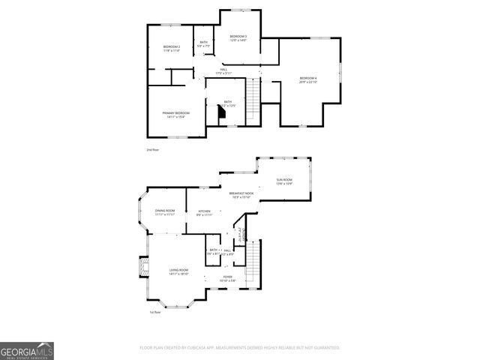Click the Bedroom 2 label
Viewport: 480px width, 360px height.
click(x=172, y=47)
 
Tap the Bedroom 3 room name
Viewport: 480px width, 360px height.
click(x=238, y=37)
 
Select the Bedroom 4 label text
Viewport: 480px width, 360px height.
click(x=308, y=79)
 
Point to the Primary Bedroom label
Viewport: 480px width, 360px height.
click(x=176, y=113)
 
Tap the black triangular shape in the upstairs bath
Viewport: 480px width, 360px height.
click(x=222, y=112)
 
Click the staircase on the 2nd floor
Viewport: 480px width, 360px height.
click(x=253, y=94)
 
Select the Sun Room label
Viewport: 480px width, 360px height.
click(x=283, y=180)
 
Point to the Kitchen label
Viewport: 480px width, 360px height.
click(x=205, y=211)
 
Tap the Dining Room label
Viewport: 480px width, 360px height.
click(x=165, y=211)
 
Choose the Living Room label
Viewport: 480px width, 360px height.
click(x=178, y=270)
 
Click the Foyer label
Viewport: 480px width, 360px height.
click(x=227, y=277)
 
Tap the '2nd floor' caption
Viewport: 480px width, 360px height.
click(x=153, y=151)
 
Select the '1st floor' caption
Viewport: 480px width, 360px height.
click(x=155, y=313)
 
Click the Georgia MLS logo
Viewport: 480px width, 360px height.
click(x=27, y=350)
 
